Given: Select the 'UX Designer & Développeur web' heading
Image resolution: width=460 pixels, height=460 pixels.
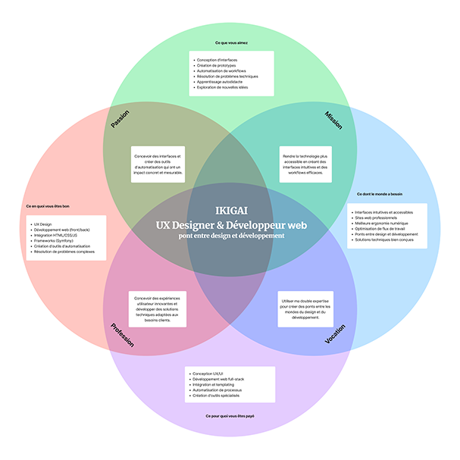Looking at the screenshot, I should click(230, 224).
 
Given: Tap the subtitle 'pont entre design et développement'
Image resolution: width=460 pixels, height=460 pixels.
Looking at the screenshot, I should click(230, 236).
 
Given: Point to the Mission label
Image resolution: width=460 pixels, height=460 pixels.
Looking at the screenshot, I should click(333, 120).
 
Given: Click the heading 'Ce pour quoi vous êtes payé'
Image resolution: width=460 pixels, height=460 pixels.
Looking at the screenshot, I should click(230, 416).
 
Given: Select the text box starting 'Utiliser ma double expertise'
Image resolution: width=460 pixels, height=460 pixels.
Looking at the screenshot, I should click(306, 308).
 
